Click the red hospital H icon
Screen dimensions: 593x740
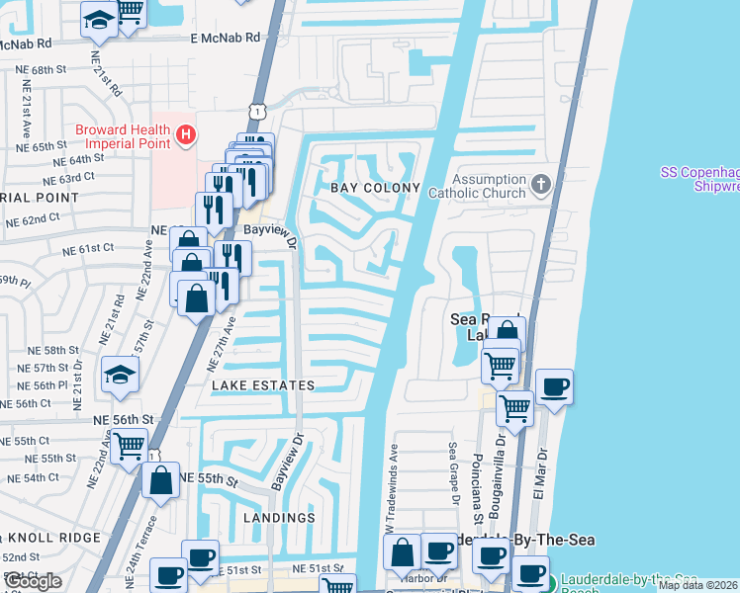pos(184,133)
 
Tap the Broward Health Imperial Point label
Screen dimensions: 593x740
pos(124,137)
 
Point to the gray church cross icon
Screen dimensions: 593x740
pos(540,184)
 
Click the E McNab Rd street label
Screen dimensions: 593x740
pos(226,37)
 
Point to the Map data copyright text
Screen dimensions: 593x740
pos(697,585)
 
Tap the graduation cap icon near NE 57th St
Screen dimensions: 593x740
pos(120,374)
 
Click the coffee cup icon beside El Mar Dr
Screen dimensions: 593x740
pos(554,385)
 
